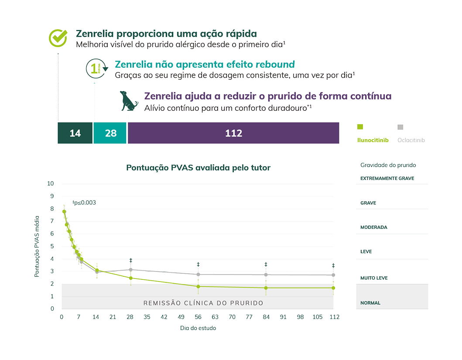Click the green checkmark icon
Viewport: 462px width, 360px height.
click(58, 38)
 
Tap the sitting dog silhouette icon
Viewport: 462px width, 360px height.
click(129, 101)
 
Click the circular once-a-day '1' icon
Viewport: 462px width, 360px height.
click(95, 68)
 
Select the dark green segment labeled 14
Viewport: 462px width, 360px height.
click(75, 133)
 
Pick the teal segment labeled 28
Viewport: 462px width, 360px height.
click(111, 133)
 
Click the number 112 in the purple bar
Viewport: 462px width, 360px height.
click(233, 133)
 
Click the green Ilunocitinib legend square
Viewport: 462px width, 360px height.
click(360, 127)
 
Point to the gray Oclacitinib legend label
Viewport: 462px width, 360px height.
click(411, 140)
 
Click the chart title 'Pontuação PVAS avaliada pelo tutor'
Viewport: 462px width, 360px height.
click(198, 167)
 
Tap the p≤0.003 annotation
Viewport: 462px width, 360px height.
click(84, 202)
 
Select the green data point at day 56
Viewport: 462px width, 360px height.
click(198, 286)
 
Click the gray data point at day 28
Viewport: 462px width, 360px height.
click(130, 270)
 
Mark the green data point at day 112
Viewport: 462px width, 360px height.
click(333, 288)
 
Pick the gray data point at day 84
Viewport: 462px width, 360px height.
click(266, 275)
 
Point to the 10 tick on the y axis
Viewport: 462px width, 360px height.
click(51, 183)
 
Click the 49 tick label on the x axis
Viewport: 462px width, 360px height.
click(181, 317)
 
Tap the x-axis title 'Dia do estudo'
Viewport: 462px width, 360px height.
click(198, 328)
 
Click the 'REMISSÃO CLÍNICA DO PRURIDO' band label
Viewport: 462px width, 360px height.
click(203, 302)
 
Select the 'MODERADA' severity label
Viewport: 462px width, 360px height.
click(373, 227)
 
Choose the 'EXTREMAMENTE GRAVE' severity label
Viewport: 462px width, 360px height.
click(387, 178)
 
